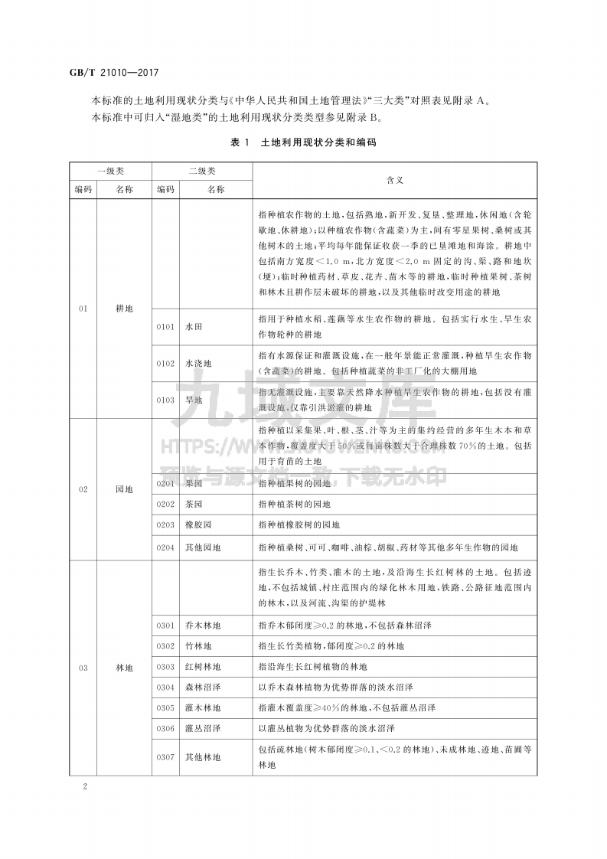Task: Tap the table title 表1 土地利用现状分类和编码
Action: pyautogui.click(x=303, y=142)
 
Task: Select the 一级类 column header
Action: pyautogui.click(x=111, y=170)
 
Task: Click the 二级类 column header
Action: pyautogui.click(x=202, y=170)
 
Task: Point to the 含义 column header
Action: pyautogui.click(x=395, y=179)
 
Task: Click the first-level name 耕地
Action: pyautogui.click(x=124, y=309)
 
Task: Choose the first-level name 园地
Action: pyautogui.click(x=124, y=488)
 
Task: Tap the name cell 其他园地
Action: pyautogui.click(x=203, y=547)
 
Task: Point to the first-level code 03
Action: pyautogui.click(x=83, y=668)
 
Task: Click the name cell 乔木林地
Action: pyautogui.click(x=203, y=625)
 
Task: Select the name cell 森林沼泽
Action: pyautogui.click(x=203, y=688)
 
